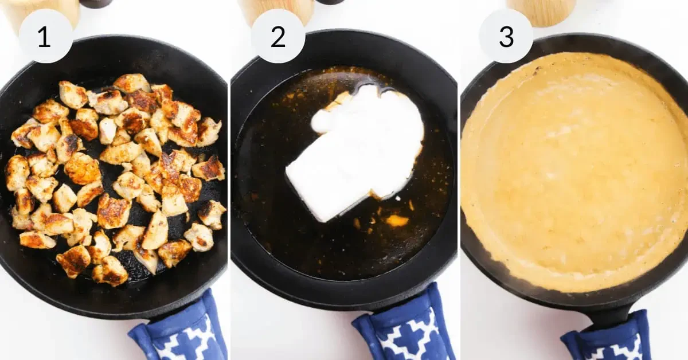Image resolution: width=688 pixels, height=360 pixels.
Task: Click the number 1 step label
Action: pyautogui.click(x=44, y=37)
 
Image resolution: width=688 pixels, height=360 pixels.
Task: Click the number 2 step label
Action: pyautogui.click(x=278, y=37)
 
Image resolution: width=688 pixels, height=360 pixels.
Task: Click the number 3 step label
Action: pyautogui.click(x=506, y=37)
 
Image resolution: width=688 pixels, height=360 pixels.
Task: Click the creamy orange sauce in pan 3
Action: pyautogui.click(x=571, y=172)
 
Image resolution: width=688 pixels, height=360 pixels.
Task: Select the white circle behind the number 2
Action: pyautogui.click(x=278, y=36)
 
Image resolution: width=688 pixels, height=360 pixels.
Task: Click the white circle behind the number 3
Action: pyautogui.click(x=506, y=36)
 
